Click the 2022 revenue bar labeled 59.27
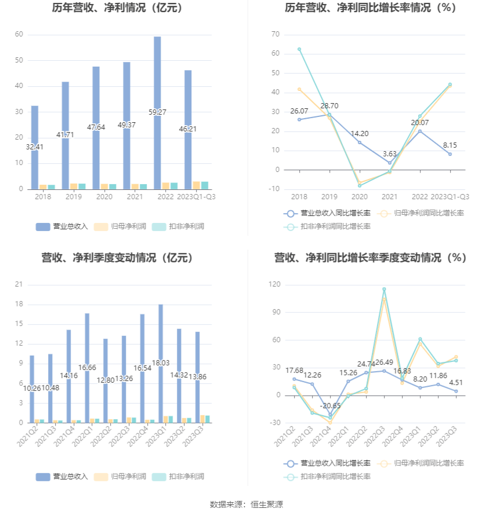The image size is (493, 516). click(x=157, y=113)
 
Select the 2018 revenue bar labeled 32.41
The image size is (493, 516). click(x=34, y=147)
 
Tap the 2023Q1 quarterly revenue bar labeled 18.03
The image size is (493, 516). click(x=161, y=363)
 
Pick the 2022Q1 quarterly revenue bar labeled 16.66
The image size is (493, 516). click(x=87, y=368)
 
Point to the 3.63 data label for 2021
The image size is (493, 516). click(x=390, y=153)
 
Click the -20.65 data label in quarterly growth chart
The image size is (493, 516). click(x=331, y=406)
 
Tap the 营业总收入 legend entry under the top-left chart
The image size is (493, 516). click(x=61, y=226)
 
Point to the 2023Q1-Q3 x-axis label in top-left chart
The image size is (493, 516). click(x=196, y=197)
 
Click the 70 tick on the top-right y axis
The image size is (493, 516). click(x=275, y=35)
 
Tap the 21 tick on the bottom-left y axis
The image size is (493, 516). click(x=19, y=284)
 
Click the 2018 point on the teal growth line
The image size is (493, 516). click(x=299, y=49)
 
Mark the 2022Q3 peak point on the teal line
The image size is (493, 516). click(x=384, y=289)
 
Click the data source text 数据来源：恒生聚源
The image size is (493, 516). click(x=246, y=504)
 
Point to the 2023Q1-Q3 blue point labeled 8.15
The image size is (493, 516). click(x=449, y=154)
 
